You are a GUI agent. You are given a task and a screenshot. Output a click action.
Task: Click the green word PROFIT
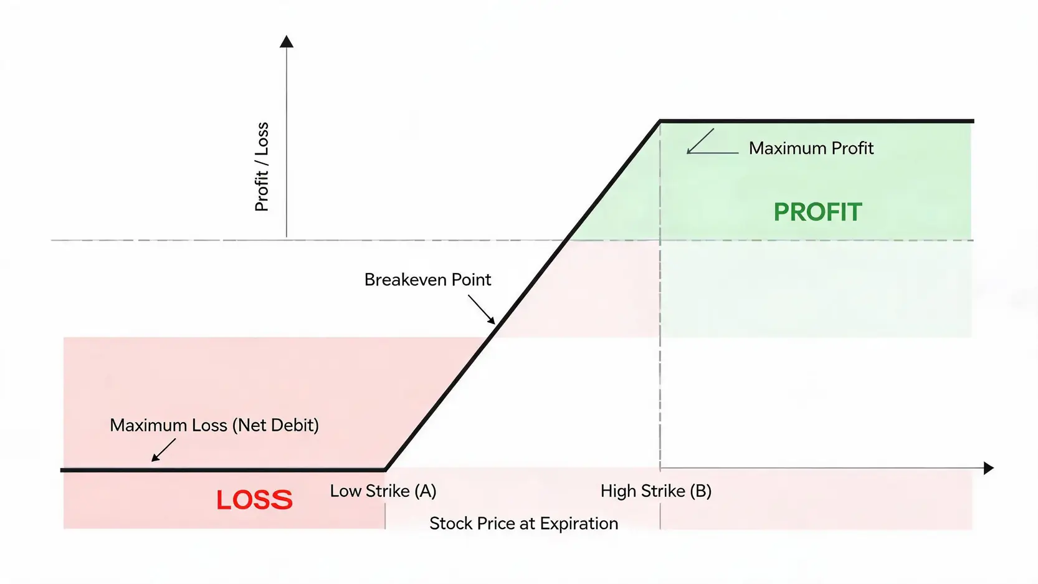(818, 213)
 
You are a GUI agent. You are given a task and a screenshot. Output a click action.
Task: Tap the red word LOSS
(254, 500)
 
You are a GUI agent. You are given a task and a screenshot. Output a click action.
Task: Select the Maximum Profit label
(811, 148)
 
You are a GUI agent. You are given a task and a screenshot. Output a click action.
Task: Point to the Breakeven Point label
(427, 279)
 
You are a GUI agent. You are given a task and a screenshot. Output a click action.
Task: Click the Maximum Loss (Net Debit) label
(214, 426)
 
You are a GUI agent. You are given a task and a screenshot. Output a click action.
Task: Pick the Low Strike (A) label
(383, 491)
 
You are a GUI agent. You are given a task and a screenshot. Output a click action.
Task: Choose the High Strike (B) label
(656, 491)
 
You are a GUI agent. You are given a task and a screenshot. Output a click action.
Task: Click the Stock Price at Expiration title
(523, 524)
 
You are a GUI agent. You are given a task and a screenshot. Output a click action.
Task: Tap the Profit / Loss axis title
(262, 167)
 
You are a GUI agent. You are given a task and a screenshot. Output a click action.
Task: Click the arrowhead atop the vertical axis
(287, 42)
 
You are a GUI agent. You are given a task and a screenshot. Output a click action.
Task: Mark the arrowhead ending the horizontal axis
(988, 468)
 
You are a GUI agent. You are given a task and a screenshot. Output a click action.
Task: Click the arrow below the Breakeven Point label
(482, 309)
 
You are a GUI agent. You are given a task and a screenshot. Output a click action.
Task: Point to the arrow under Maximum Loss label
(164, 450)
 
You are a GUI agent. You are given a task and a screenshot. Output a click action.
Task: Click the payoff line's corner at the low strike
(386, 470)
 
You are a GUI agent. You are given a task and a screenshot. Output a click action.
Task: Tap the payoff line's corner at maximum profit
(660, 122)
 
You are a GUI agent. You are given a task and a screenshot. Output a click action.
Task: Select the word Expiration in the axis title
(579, 524)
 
